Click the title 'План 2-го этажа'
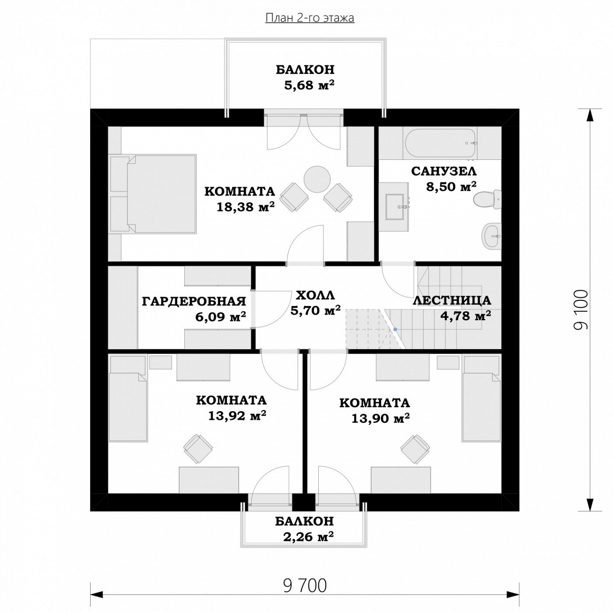point(309,18)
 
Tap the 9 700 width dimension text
point(305,586)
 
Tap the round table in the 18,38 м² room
point(317,179)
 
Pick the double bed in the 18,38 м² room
point(152,194)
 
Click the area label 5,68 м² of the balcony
point(309,85)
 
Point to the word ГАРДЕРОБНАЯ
point(194,301)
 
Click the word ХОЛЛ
point(315,295)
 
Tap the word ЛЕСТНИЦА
point(452,300)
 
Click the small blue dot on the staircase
point(395,329)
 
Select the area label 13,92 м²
point(237,415)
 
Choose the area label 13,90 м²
point(380,418)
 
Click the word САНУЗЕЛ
point(444,171)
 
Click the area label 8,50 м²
point(451,186)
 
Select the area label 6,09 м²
point(221,316)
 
